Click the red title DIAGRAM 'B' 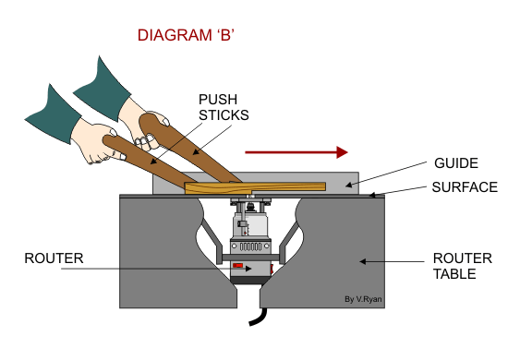pyautogui.click(x=186, y=35)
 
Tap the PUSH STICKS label pyautogui.click(x=224, y=107)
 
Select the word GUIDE pyautogui.click(x=456, y=163)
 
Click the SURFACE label pyautogui.click(x=465, y=187)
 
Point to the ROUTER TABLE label pyautogui.click(x=463, y=266)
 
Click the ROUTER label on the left pyautogui.click(x=54, y=258)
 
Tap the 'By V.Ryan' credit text pyautogui.click(x=363, y=299)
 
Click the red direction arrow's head pyautogui.click(x=342, y=152)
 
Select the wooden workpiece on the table pyautogui.click(x=255, y=187)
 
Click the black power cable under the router pyautogui.click(x=260, y=317)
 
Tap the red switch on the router pyautogui.click(x=237, y=266)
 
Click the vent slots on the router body pyautogui.click(x=250, y=246)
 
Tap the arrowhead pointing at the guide pyautogui.click(x=348, y=186)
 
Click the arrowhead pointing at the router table pyautogui.click(x=363, y=261)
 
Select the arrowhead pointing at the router pyautogui.click(x=248, y=269)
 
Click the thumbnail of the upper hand pyautogui.click(x=165, y=122)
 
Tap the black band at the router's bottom pyautogui.click(x=247, y=281)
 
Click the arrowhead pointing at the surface pyautogui.click(x=372, y=195)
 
